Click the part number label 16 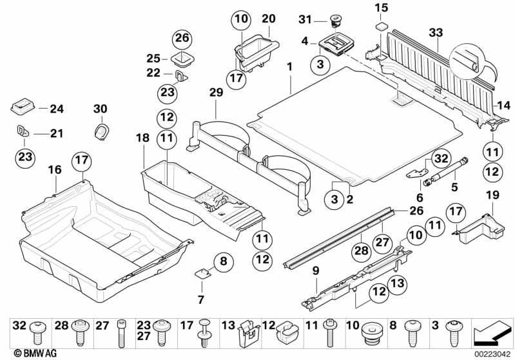tap(55, 170)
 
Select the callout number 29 tap(216, 93)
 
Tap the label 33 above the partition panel tap(436, 32)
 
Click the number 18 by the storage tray tap(142, 138)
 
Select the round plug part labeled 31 tap(335, 19)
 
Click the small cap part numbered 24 tap(21, 106)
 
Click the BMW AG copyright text tap(23, 353)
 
